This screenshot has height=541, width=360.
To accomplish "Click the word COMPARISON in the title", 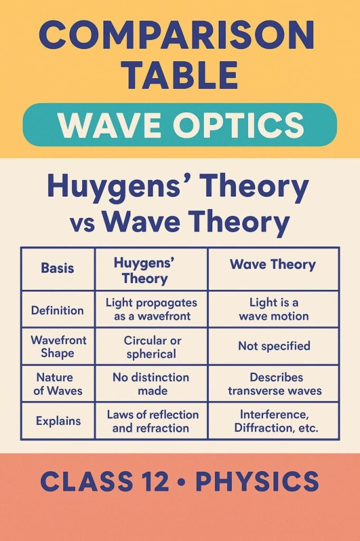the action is [x=176, y=36].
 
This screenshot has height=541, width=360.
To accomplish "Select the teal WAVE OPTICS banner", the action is [x=179, y=125].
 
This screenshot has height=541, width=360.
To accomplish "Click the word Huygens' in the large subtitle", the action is [x=122, y=186].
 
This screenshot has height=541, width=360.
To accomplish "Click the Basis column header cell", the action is [x=58, y=268].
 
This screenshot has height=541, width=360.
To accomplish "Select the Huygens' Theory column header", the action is [x=151, y=268].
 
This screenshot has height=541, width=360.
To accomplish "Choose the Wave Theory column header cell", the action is [x=273, y=268].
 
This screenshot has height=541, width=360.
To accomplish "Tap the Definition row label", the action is [x=58, y=310].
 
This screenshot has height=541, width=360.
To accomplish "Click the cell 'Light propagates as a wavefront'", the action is [x=151, y=309].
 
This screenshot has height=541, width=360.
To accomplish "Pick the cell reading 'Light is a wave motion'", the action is [x=273, y=309].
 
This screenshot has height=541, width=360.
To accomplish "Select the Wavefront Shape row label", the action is [x=58, y=347].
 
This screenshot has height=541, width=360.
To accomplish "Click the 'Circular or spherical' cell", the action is [x=151, y=347].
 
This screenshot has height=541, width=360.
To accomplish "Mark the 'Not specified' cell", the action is [x=273, y=346].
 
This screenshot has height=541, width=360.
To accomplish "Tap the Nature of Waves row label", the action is [x=58, y=384].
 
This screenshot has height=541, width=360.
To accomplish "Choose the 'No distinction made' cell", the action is [x=151, y=384].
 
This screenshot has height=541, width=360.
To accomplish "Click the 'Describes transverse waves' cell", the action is [x=273, y=384].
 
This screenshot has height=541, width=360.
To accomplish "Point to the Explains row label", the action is [x=58, y=421].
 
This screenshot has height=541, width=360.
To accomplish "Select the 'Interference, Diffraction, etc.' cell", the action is [x=273, y=421].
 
